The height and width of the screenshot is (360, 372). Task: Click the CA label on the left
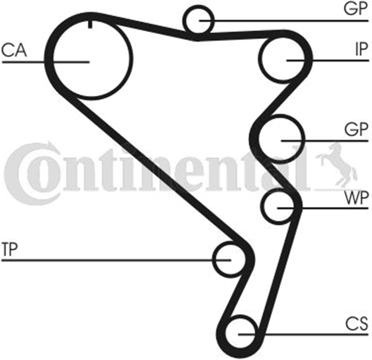pyautogui.click(x=14, y=51)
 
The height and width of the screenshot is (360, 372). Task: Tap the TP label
pyautogui.click(x=10, y=249)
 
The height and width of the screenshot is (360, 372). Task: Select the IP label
pyautogui.click(x=362, y=49)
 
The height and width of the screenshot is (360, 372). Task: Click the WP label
pyautogui.click(x=356, y=198)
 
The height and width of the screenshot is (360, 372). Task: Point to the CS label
pyautogui.click(x=356, y=324)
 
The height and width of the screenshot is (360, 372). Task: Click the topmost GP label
pyautogui.click(x=355, y=9)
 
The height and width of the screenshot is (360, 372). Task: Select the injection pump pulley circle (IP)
pyautogui.click(x=259, y=59)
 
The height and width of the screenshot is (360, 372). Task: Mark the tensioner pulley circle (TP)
pyautogui.click(x=213, y=260)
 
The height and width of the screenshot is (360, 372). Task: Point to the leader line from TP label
pyautogui.click(x=116, y=260)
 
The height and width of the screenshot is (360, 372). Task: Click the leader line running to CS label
pyautogui.click(x=303, y=335)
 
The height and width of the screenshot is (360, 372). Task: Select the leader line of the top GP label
pyautogui.click(x=284, y=21)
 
